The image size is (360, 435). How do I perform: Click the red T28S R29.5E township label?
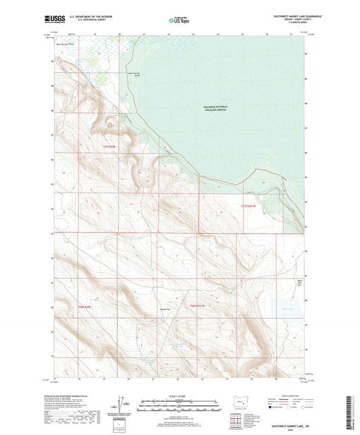[x=197, y=306]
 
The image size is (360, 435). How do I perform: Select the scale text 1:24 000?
[x=179, y=396]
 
